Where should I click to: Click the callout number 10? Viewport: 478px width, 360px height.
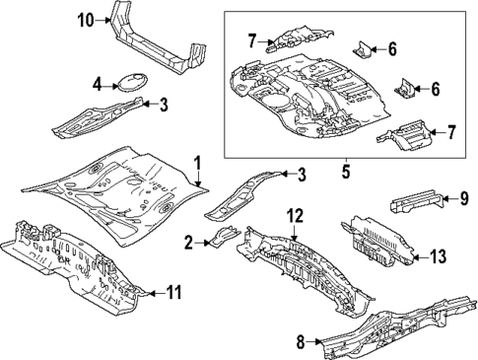point(85,20)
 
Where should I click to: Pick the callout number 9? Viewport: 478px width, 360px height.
point(462,199)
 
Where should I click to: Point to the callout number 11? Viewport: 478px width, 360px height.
point(173,291)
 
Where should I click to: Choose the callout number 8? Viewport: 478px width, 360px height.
point(302,341)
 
